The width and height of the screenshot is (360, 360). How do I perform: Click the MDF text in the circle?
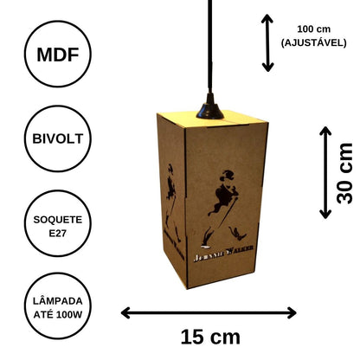58,55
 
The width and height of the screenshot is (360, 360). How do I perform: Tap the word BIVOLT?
58,138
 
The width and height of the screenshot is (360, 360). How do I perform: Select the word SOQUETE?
58,220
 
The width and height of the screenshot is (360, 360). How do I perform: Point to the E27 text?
58,233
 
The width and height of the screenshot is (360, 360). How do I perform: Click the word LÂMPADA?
58,301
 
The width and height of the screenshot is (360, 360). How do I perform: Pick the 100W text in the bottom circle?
69,314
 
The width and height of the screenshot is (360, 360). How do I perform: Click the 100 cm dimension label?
314,29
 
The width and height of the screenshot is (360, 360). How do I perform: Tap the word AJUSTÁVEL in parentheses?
314,43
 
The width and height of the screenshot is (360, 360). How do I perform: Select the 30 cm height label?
344,173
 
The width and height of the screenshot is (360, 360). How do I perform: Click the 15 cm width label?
210,337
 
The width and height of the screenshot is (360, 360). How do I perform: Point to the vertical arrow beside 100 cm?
267,43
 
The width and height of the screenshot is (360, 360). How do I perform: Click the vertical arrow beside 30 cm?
325,172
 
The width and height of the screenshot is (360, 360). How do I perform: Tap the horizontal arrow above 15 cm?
209,313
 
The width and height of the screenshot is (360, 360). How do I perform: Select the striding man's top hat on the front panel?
228,175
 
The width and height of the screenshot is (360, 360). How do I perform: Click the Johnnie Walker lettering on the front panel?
223,254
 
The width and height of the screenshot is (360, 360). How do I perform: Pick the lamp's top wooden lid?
214,119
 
